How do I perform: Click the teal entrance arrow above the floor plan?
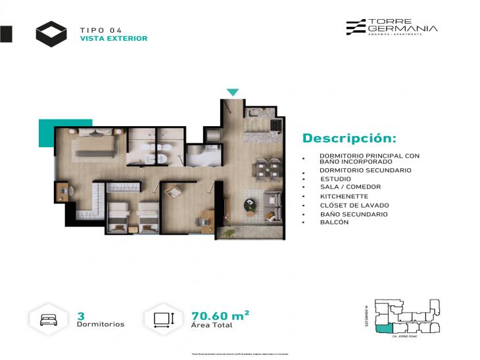tap(233, 93)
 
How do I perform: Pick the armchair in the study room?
tap(174, 192)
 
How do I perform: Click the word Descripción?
tap(349, 139)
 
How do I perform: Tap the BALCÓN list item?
tap(335, 223)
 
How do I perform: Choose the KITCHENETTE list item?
tap(345, 196)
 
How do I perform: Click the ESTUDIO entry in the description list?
tap(336, 179)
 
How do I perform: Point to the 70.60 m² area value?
tap(219, 316)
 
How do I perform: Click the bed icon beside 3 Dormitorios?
tap(49, 319)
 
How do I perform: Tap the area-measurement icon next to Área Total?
tap(163, 319)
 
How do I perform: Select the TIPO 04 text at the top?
tap(101, 30)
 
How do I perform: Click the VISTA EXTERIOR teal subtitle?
tap(113, 39)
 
